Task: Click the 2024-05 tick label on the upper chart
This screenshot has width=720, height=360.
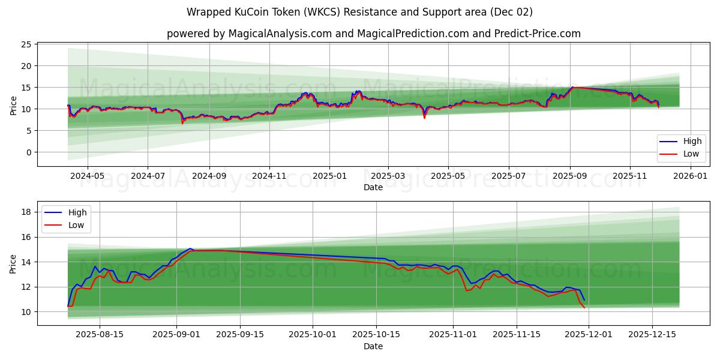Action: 88,176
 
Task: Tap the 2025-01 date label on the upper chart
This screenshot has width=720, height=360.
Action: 329,176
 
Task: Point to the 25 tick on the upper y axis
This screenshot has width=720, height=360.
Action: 27,44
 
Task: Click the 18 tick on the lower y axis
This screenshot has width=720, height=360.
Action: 27,212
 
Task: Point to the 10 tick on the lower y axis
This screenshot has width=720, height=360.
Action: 27,312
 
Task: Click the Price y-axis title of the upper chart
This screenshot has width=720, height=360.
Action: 13,104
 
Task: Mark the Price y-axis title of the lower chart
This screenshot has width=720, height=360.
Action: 13,263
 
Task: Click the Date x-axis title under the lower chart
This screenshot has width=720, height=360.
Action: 373,346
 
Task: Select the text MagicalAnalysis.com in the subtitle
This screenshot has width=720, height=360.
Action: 280,34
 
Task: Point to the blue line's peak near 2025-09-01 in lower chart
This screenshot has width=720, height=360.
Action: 190,248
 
